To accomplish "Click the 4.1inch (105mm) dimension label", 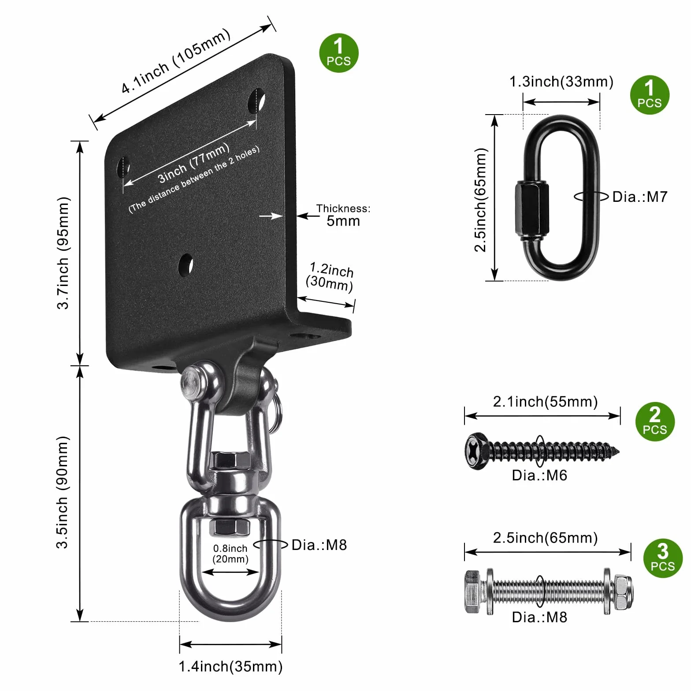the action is pyautogui.click(x=176, y=61).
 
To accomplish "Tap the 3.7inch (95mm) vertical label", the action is pyautogui.click(x=63, y=253).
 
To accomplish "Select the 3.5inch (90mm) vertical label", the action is pyautogui.click(x=63, y=493).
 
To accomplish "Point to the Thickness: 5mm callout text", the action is pyautogui.click(x=343, y=215).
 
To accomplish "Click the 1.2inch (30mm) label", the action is pyautogui.click(x=330, y=277).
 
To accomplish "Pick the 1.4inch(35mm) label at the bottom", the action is pyautogui.click(x=230, y=666).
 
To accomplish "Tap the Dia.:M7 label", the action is pyautogui.click(x=640, y=197).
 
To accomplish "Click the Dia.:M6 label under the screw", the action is pyautogui.click(x=539, y=476).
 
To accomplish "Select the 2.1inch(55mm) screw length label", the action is pyautogui.click(x=545, y=401).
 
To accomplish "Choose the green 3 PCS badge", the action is pyautogui.click(x=663, y=558).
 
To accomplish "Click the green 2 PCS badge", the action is pyautogui.click(x=655, y=422).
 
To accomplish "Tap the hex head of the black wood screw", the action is pyautogui.click(x=476, y=451).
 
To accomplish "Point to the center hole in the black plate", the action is pyautogui.click(x=186, y=265).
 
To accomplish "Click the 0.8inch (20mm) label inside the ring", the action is pyautogui.click(x=230, y=554).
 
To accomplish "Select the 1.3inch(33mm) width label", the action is pyautogui.click(x=561, y=82).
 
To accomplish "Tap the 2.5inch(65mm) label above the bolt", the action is pyautogui.click(x=545, y=538).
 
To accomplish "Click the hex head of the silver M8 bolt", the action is pyautogui.click(x=473, y=591).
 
